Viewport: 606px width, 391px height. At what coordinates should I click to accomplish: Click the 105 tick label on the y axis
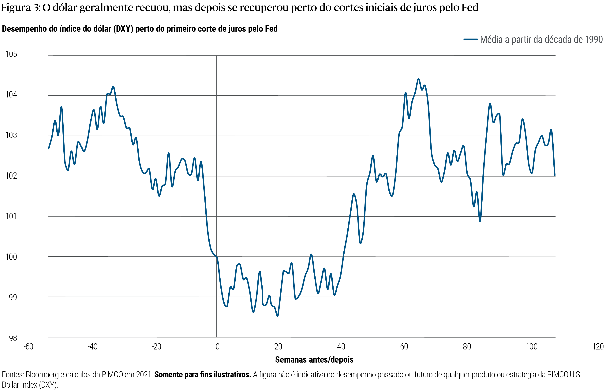point(11,54)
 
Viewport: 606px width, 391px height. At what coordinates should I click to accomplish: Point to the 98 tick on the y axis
point(13,338)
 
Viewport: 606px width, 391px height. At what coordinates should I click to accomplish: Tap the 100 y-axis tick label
point(11,257)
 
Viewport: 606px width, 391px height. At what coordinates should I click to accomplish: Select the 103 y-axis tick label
point(11,135)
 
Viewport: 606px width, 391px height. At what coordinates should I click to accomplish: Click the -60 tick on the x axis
point(28,347)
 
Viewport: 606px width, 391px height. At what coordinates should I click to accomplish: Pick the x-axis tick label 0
point(217,347)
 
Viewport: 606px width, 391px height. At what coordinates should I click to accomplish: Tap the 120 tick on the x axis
point(598,347)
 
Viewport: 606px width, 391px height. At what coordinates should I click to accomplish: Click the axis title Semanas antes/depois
point(314,360)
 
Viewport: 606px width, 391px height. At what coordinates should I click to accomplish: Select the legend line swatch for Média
point(471,39)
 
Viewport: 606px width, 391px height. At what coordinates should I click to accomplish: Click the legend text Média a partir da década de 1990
point(541,39)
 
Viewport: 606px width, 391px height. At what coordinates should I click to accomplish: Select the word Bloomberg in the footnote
point(42,375)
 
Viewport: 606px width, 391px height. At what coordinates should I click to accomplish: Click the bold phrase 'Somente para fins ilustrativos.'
point(203,375)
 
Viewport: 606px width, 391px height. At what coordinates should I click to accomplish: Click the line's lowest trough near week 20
point(277,316)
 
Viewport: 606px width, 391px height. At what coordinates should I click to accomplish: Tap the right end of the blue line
point(555,175)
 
